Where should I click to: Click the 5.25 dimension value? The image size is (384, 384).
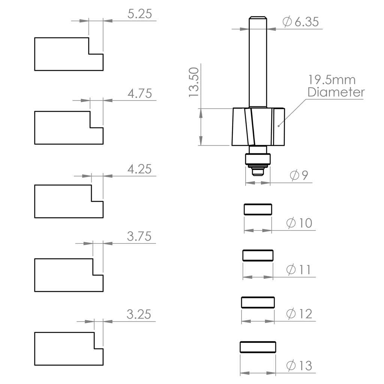pos(139,14)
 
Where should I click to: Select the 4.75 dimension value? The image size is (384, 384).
pos(139,93)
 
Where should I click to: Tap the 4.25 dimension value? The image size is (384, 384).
pos(139,169)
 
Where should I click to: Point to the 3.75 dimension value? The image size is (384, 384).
pos(139,237)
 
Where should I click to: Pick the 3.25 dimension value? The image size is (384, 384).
pos(139,314)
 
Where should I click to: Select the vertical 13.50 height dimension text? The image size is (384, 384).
pos(193,82)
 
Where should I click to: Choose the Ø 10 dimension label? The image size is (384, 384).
pos(299,223)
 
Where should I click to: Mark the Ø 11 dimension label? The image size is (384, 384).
pos(298,270)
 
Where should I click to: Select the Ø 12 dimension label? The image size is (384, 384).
pos(299,313)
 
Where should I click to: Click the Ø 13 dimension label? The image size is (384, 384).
pos(299,366)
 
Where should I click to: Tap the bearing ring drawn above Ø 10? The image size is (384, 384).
pos(258,209)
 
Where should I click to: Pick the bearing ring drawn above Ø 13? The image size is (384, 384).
pos(258,347)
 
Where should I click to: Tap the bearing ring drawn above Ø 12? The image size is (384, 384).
pos(258,302)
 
